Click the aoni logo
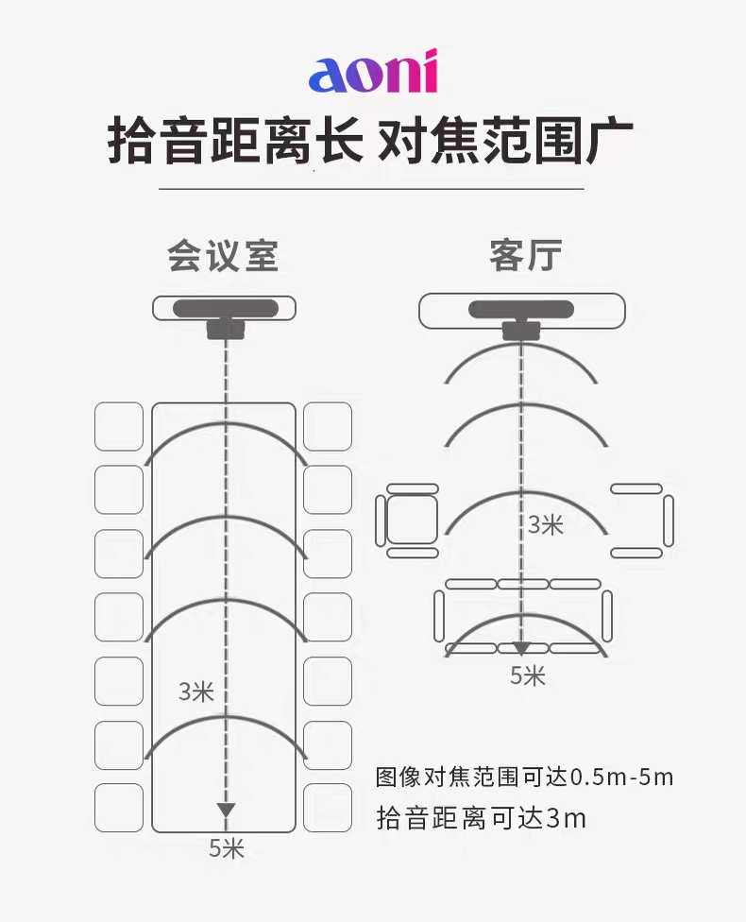[x=373, y=72]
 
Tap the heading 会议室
[x=223, y=256]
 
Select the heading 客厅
[x=525, y=255]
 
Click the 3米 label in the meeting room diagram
[x=195, y=691]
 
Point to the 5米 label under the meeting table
[x=227, y=848]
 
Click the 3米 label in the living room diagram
[x=546, y=524]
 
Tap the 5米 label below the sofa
[x=527, y=675]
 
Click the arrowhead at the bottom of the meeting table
[x=226, y=810]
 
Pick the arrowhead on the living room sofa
[x=521, y=649]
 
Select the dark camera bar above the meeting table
[x=225, y=309]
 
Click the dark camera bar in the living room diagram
[x=521, y=309]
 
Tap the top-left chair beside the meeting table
[x=119, y=426]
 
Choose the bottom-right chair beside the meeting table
[x=328, y=808]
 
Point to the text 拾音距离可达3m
[x=481, y=818]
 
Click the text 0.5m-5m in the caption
[x=622, y=777]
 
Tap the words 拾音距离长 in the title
[x=234, y=141]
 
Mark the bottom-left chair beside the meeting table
[x=119, y=808]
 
